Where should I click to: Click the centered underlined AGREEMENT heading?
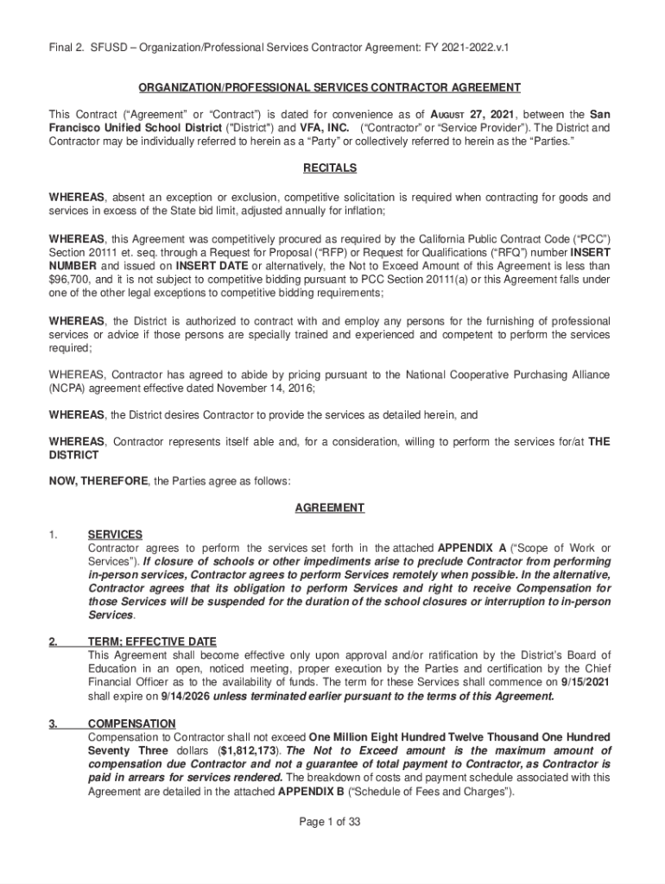pos(330,508)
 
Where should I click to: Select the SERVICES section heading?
pos(115,535)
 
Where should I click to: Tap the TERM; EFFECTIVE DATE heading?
pos(152,642)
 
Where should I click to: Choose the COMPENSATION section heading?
pos(131,723)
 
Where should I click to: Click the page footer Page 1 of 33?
pos(330,822)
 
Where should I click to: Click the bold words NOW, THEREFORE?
pos(98,481)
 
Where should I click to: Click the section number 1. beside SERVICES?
pos(54,535)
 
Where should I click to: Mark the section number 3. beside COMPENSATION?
pos(54,723)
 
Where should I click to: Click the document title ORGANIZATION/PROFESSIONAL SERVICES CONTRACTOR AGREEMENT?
pos(331,88)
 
